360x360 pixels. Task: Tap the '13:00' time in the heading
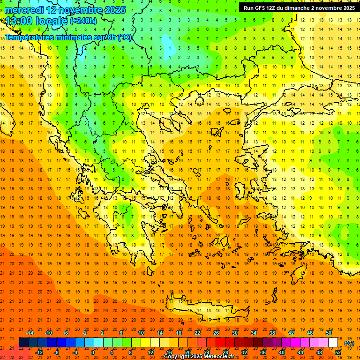[19, 21]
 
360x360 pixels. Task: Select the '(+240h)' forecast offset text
[83, 21]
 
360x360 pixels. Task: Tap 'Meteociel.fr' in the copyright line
[218, 357]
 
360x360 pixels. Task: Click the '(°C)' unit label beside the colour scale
[349, 343]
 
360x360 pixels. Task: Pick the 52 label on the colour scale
[337, 352]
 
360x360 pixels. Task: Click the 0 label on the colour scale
[93, 352]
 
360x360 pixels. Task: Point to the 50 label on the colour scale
[328, 333]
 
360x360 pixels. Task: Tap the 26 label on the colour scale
[216, 333]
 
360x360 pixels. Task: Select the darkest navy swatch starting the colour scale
[23, 342]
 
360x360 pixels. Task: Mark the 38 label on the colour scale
[272, 333]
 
